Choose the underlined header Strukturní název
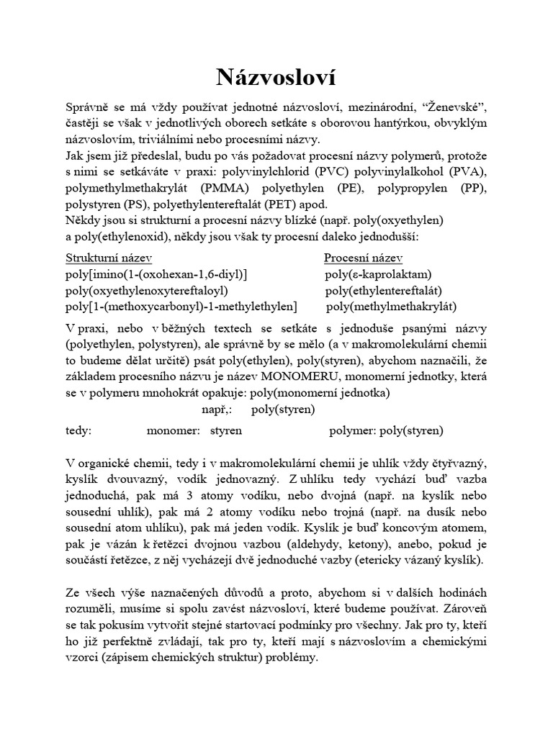point(109,258)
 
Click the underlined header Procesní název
point(363,258)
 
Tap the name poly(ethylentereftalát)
point(383,291)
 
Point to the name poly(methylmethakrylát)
point(391,307)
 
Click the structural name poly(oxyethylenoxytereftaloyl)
point(146,291)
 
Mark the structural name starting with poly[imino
point(156,274)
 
